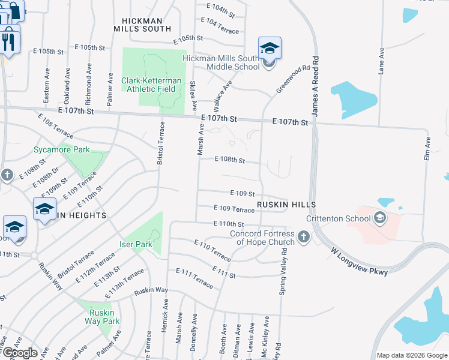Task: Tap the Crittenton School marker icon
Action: tap(379, 218)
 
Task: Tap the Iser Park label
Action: tap(135, 244)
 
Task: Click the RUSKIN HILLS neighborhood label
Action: tap(286, 205)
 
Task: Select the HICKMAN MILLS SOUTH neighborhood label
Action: tap(143, 24)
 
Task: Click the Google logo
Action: tap(19, 352)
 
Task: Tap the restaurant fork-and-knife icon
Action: tap(10, 41)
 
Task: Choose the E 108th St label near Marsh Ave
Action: tap(230, 160)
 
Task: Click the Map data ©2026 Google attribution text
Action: tap(412, 355)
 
